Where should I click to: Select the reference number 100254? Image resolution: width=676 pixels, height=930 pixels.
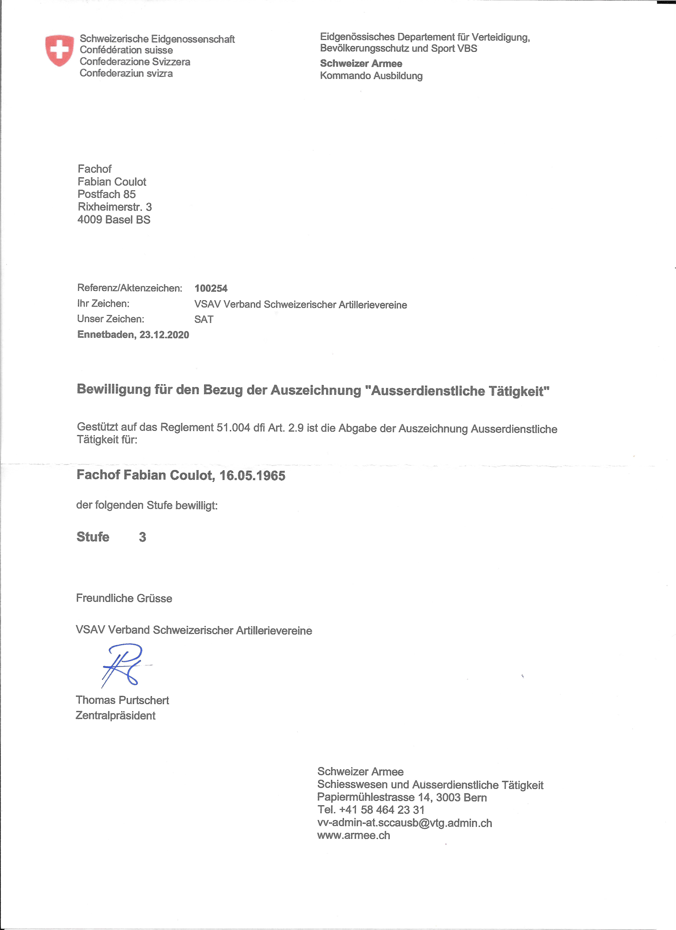click(211, 288)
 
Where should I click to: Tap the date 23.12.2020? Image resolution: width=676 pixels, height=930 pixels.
click(164, 335)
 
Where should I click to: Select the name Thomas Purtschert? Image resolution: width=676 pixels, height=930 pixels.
click(122, 700)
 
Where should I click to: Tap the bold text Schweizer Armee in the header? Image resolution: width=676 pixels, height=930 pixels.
click(361, 64)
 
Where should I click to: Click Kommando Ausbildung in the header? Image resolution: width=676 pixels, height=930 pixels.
click(371, 76)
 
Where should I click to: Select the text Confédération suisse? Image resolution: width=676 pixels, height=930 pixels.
click(126, 50)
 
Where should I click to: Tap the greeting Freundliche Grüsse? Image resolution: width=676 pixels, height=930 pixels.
click(124, 598)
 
